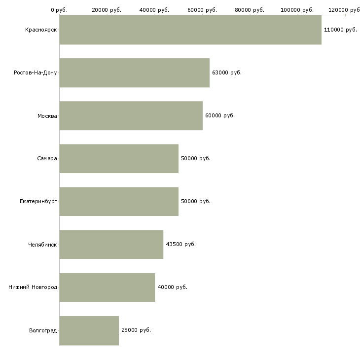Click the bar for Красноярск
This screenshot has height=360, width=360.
point(190,30)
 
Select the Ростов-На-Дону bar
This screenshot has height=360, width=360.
point(135,73)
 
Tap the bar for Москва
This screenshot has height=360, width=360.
point(131,116)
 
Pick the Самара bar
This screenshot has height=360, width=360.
point(119,159)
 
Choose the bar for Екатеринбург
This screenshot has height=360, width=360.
point(119,202)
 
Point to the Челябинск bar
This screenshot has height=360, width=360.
point(111,245)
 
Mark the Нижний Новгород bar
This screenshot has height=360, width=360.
point(107,288)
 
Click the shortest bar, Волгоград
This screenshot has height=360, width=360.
point(89,330)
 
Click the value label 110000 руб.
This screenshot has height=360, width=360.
point(340,30)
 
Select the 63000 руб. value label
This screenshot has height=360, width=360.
point(227,73)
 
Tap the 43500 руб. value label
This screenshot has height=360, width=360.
point(181,244)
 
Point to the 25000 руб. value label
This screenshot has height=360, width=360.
point(136,330)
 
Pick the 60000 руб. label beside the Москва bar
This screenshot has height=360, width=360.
point(220,115)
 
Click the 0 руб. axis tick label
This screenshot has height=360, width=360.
point(59,10)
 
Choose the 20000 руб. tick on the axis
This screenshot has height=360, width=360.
point(107,10)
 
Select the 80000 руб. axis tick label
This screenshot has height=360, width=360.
point(250,10)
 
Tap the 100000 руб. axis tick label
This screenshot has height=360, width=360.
point(297,10)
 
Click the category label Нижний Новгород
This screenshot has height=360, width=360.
point(33,287)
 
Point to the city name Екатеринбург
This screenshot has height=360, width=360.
point(38,202)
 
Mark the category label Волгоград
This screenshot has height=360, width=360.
point(43,330)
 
